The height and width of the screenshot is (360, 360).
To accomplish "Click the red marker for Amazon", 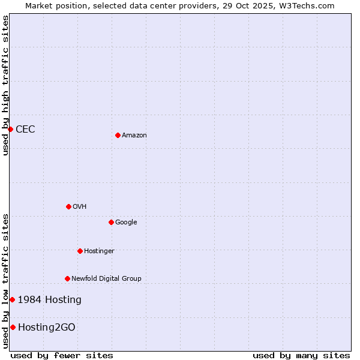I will pyautogui.click(x=118, y=135).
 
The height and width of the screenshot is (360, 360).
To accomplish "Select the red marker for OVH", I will pyautogui.click(x=68, y=206).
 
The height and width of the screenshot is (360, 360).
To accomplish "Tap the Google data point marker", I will pyautogui.click(x=111, y=222).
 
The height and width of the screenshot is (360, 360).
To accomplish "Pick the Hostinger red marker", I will pyautogui.click(x=80, y=251).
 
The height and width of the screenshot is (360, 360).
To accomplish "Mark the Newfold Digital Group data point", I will pyautogui.click(x=67, y=278).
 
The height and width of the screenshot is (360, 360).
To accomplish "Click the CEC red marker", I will pyautogui.click(x=10, y=129).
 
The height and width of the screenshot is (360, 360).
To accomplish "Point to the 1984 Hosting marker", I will pyautogui.click(x=12, y=299).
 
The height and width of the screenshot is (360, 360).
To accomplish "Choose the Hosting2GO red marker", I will pyautogui.click(x=13, y=327).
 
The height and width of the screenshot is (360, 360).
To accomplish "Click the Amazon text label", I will pyautogui.click(x=134, y=136).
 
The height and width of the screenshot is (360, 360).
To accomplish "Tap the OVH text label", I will pyautogui.click(x=80, y=207).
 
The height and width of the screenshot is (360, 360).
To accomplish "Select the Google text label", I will pyautogui.click(x=126, y=223).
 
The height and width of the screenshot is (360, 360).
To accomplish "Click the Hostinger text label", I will pyautogui.click(x=99, y=251).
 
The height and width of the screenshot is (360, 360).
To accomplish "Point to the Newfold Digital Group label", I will pyautogui.click(x=106, y=279).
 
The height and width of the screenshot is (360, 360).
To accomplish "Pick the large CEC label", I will pyautogui.click(x=25, y=130).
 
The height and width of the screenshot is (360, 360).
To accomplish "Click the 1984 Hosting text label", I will pyautogui.click(x=50, y=300).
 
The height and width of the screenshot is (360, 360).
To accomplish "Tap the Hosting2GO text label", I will pyautogui.click(x=47, y=328).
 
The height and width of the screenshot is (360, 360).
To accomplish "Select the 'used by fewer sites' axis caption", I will pyautogui.click(x=62, y=355).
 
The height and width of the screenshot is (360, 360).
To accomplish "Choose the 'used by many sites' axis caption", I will pyautogui.click(x=301, y=355).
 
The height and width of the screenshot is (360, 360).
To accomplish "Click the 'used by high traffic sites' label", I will pyautogui.click(x=5, y=85).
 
